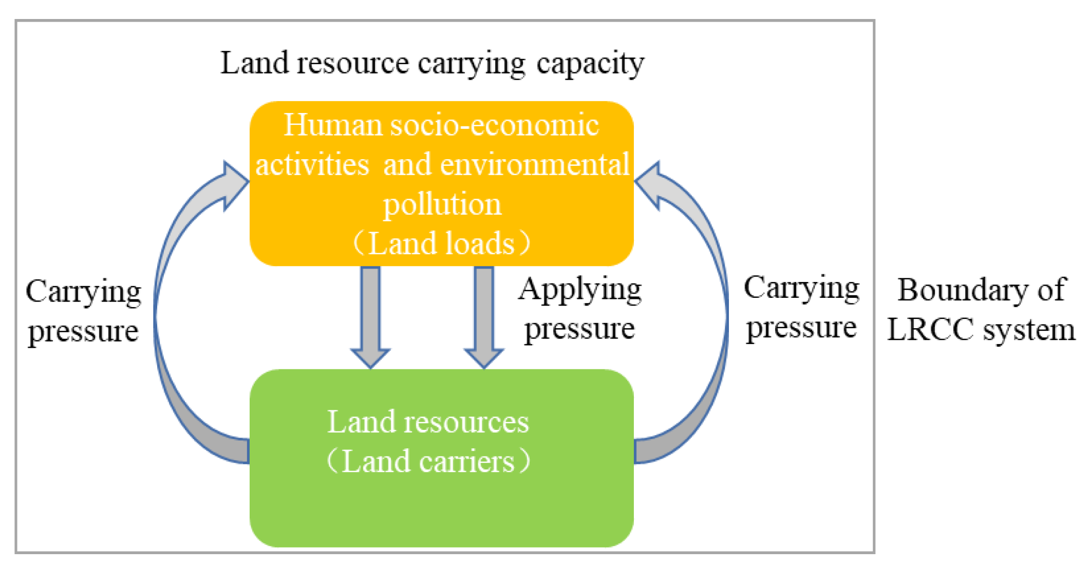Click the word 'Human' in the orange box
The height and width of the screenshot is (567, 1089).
[333, 125]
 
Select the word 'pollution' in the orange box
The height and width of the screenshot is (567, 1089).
[442, 204]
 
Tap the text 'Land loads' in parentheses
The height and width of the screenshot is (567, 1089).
[442, 243]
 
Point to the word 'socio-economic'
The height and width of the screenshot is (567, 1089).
[494, 125]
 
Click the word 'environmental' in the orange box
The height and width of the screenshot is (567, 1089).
[535, 164]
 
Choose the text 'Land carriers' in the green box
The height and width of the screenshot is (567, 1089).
[428, 461]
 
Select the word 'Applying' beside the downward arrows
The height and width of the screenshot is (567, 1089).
[580, 290]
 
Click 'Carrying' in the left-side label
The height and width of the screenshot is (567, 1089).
[84, 292]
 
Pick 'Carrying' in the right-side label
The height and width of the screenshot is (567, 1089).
[801, 288]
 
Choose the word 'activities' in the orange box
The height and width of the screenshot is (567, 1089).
[312, 164]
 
